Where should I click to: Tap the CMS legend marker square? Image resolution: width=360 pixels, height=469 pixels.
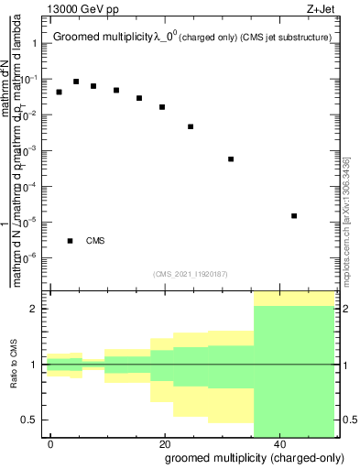pyautogui.click(x=71, y=241)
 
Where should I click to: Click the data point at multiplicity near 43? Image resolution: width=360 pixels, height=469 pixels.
pyautogui.click(x=293, y=215)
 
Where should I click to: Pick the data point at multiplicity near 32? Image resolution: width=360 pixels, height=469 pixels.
pyautogui.click(x=231, y=158)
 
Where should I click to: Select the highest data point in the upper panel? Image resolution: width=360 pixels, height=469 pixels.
pyautogui.click(x=76, y=82)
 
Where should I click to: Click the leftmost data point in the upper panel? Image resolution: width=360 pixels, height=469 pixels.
pyautogui.click(x=60, y=92)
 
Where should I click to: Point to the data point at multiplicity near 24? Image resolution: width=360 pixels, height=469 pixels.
pyautogui.click(x=191, y=126)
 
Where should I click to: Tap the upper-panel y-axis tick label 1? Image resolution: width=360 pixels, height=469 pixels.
pyautogui.click(x=38, y=44)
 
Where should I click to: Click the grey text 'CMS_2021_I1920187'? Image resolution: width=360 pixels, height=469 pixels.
pyautogui.click(x=190, y=273)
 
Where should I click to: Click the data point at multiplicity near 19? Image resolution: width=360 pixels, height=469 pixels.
pyautogui.click(x=162, y=106)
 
